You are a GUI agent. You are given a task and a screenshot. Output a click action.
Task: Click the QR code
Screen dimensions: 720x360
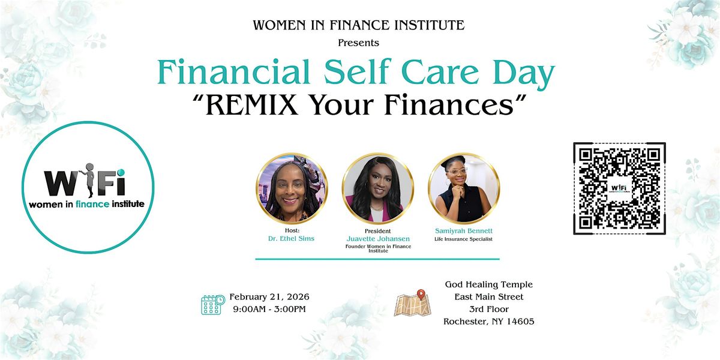pyautogui.click(x=619, y=188)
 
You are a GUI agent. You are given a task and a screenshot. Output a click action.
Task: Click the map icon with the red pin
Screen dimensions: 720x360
pyautogui.click(x=413, y=303)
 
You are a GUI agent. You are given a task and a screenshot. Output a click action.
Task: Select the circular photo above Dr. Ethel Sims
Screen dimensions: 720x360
pyautogui.click(x=292, y=188)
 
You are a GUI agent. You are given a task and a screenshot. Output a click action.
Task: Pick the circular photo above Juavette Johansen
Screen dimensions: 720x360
pyautogui.click(x=377, y=188)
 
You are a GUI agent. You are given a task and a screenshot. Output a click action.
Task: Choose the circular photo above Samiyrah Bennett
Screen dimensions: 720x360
pyautogui.click(x=464, y=188)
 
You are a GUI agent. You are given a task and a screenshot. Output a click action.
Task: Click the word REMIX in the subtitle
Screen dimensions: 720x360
pyautogui.click(x=251, y=105)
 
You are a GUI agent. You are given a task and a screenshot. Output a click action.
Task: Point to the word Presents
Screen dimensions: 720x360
pyautogui.click(x=358, y=43)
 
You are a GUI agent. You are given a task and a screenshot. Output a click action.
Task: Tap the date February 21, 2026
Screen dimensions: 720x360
pyautogui.click(x=269, y=297)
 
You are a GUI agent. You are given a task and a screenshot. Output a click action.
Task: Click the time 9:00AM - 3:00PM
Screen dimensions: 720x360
pyautogui.click(x=269, y=309)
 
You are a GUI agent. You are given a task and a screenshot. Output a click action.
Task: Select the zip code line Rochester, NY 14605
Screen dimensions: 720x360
pyautogui.click(x=489, y=322)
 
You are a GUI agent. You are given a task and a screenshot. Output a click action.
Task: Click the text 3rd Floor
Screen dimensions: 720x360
pyautogui.click(x=489, y=309)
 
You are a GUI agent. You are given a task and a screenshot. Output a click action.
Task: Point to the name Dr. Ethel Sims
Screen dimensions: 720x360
pyautogui.click(x=291, y=239)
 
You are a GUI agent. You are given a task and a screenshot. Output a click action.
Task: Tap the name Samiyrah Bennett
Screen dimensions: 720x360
pyautogui.click(x=464, y=231)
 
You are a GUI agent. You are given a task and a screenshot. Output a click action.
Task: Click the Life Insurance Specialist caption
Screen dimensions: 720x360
pyautogui.click(x=463, y=239)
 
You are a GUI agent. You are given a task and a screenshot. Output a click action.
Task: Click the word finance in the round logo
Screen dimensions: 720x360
pyautogui.click(x=92, y=204)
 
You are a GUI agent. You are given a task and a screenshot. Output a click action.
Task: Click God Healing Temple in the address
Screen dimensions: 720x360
pyautogui.click(x=489, y=285)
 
